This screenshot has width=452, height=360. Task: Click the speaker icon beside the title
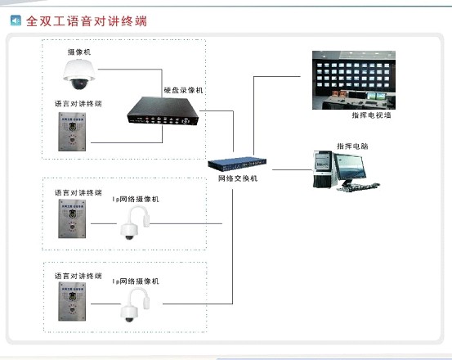[16, 19]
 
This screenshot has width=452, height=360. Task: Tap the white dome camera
[81, 74]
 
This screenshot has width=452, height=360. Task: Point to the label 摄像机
[79, 52]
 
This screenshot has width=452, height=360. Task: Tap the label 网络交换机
[238, 178]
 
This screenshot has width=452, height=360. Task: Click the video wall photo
[359, 80]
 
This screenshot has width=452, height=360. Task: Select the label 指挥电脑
[351, 146]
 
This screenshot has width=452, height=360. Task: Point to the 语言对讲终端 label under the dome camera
[78, 104]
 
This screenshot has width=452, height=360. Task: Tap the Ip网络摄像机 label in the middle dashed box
[136, 199]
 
